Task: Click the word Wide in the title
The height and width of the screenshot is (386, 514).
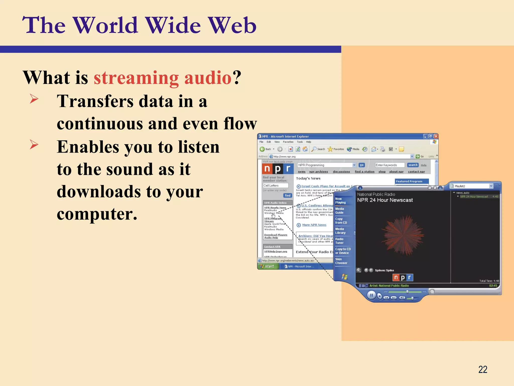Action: click(173, 25)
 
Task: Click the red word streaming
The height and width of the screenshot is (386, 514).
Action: click(136, 78)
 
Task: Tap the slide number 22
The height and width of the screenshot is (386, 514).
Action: click(483, 369)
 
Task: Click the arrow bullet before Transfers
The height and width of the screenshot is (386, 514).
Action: click(34, 99)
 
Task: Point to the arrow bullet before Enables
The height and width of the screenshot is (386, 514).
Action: click(34, 144)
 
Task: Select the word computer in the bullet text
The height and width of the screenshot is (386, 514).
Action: click(97, 214)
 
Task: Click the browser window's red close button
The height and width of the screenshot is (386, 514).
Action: click(436, 136)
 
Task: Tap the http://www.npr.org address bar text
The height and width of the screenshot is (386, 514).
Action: click(284, 157)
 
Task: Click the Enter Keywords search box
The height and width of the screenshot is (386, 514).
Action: click(390, 165)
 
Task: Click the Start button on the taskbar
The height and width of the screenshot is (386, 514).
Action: click(268, 266)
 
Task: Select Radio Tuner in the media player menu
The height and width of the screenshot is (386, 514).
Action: click(339, 241)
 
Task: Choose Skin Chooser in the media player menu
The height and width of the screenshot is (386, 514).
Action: click(341, 261)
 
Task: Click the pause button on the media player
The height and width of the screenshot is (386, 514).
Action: click(371, 295)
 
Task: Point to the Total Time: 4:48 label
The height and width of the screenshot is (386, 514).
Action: click(489, 281)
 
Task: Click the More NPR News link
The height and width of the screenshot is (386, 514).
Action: click(314, 225)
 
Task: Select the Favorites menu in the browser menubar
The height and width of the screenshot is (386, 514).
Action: click(288, 142)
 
